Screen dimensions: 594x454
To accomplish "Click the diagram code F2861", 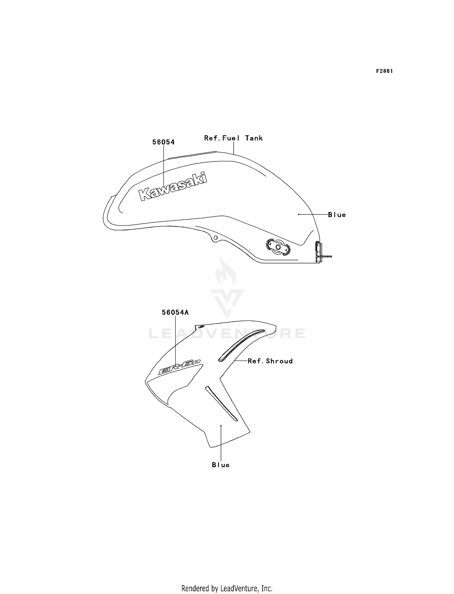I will (384, 71).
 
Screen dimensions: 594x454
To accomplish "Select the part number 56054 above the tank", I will (163, 142).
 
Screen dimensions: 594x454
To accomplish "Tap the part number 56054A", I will (175, 312).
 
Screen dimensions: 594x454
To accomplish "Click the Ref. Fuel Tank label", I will (233, 138).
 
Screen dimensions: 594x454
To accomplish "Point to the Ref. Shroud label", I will (270, 361).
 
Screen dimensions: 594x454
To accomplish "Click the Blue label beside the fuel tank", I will (337, 215).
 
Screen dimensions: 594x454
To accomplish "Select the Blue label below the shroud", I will (221, 465).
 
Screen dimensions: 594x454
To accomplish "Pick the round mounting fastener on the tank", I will (278, 247).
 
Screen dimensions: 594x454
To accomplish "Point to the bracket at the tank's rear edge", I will (319, 251).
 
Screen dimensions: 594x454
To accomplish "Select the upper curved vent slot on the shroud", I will (241, 345).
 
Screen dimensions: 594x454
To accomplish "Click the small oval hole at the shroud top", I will (200, 326).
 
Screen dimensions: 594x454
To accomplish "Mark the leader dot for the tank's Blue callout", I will (299, 214).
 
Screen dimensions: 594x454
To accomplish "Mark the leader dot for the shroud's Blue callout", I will (221, 426).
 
